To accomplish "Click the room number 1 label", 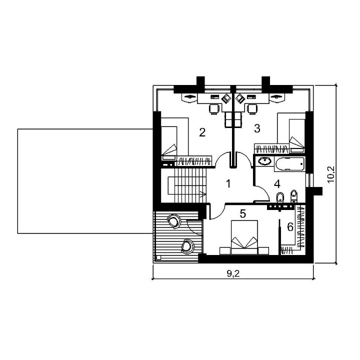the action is point(228,183).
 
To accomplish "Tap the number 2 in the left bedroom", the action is point(202,132).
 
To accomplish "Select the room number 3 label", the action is point(257,128).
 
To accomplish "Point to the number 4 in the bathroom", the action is point(277,184).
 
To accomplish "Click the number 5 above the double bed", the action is point(243,213).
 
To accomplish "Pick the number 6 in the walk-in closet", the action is point(290,227).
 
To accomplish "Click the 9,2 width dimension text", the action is point(233,273).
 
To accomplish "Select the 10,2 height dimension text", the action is point(331,174).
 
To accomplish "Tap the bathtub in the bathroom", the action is point(289,164).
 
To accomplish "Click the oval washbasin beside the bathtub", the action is point(264,160).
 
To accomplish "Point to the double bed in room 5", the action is point(244,237).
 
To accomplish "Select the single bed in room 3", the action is point(297,135).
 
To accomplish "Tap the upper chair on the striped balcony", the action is point(174,221).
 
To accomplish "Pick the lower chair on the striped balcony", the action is point(187,246).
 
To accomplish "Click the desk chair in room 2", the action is point(214,109).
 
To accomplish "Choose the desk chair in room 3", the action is point(252,109).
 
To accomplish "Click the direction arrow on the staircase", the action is point(203,194).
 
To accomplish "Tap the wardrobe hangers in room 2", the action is point(194,160).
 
